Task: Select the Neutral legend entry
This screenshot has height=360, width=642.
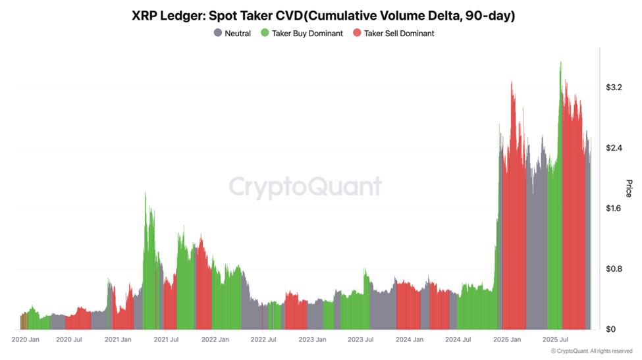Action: pos(237,33)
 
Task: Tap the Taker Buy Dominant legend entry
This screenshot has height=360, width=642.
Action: pos(306,33)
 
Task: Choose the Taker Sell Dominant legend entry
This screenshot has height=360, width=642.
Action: pos(399,33)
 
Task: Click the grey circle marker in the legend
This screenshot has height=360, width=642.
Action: pos(218,33)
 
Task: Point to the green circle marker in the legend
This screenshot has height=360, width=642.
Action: pos(265,33)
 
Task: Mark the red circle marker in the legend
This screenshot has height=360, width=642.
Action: pos(358,33)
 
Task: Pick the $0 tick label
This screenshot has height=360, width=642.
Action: pos(610,329)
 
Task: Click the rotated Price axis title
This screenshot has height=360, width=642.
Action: pos(628,188)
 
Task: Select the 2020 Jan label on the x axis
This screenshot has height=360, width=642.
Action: pos(26,340)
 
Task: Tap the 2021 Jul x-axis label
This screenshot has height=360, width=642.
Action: pos(167,340)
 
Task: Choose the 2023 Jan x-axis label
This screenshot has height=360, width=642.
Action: pos(312,340)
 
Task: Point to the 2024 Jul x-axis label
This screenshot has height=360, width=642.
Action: pos(458,340)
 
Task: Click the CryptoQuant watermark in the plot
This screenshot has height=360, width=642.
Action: pos(306,187)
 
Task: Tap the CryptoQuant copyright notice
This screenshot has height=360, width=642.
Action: pos(591,351)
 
